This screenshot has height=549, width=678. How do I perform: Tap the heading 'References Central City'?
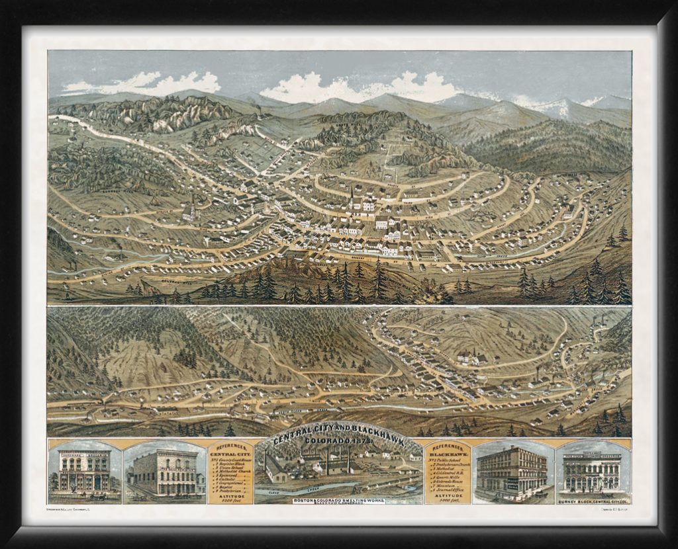[230, 451]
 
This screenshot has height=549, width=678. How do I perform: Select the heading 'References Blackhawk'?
[448, 451]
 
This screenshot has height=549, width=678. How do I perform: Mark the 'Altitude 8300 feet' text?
[230, 499]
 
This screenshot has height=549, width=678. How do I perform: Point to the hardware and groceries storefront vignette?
[84, 470]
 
